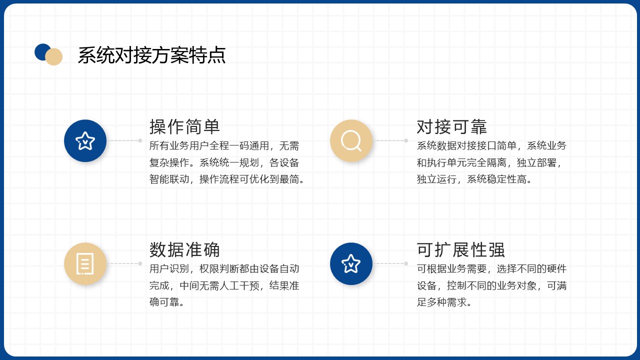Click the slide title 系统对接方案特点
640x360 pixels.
click(151, 55)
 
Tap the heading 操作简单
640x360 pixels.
click(184, 126)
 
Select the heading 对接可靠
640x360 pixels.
click(451, 126)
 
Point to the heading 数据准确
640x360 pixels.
click(184, 249)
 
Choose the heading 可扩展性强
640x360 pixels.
click(460, 249)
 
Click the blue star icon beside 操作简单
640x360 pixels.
click(85, 140)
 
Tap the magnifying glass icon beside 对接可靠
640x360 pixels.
click(351, 140)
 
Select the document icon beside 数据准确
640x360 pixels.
click(85, 263)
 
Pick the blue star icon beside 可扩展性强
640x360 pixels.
click(351, 263)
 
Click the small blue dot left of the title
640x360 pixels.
click(41, 51)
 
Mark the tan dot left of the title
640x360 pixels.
click(54, 57)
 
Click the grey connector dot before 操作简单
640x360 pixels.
click(140, 140)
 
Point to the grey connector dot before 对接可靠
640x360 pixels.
click(406, 140)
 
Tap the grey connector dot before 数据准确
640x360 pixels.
click(140, 263)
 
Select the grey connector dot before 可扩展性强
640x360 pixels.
click(406, 263)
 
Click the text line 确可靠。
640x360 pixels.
click(167, 302)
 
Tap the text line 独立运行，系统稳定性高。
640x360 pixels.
click(474, 179)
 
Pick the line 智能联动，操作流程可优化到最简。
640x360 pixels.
click(227, 179)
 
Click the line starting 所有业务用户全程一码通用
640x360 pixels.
click(224, 145)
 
